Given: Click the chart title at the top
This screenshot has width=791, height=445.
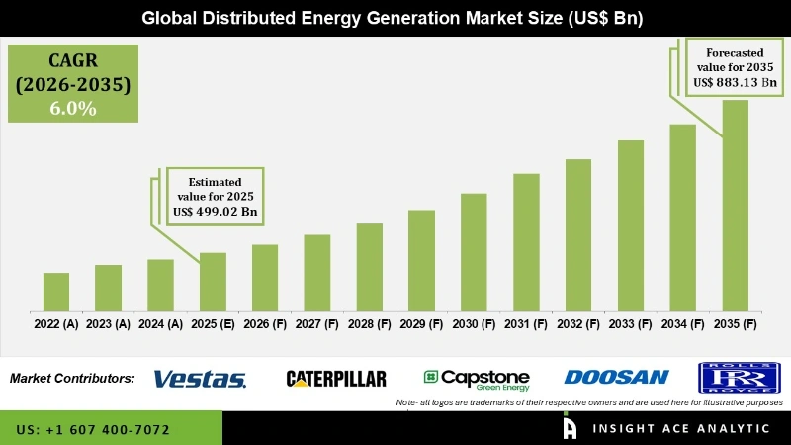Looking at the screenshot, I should pos(395,18).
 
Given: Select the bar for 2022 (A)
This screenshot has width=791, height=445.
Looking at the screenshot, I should pos(56,291).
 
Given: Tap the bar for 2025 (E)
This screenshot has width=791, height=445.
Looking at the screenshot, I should pos(213,281).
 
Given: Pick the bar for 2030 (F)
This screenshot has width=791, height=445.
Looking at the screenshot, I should pos(474,251).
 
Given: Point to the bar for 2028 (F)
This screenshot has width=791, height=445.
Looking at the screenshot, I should pos(369,266).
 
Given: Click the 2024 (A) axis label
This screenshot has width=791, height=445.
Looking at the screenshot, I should pos(160,323).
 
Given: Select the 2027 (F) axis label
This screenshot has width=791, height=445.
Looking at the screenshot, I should pos(316,323).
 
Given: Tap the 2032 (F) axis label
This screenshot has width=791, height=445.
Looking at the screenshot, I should pos(578,323).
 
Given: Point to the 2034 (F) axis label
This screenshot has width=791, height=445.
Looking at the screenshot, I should pos(682,323).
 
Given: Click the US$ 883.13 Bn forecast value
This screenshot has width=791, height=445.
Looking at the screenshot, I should pos(737,83).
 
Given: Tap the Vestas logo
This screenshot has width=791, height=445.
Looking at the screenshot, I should pos(201,378).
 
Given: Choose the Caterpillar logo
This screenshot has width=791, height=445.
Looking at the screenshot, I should pos(336,378).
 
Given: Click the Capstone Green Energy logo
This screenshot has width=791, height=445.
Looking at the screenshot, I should pos(477,378).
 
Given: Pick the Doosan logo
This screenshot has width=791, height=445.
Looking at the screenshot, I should pos(616,377).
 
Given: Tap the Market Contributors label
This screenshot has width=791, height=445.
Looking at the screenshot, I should pos(72,378).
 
